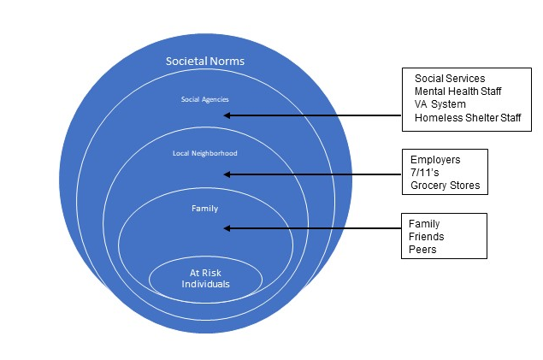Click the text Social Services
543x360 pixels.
coord(449,80)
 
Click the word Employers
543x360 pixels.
coord(436,159)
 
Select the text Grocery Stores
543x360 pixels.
coord(444,186)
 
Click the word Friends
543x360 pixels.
coord(426,237)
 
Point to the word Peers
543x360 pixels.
coord(422,251)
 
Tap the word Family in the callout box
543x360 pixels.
coord(424,224)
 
